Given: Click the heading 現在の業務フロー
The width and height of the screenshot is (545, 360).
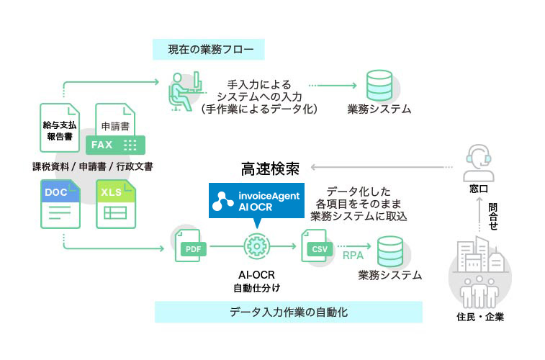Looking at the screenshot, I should pyautogui.click(x=209, y=50).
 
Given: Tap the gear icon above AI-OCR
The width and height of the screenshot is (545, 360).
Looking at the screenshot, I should pyautogui.click(x=254, y=246).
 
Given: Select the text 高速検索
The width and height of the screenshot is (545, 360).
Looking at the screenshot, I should pyautogui.click(x=269, y=170).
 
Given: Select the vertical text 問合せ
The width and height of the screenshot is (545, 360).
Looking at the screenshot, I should pyautogui.click(x=492, y=215).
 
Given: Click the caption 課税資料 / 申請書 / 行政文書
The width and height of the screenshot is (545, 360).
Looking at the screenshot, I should pyautogui.click(x=92, y=166).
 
